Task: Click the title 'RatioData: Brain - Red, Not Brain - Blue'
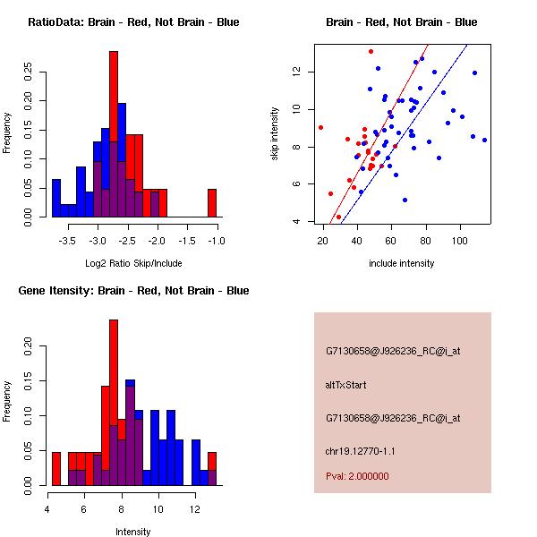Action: pos(133,21)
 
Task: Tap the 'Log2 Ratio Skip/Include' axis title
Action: pos(133,265)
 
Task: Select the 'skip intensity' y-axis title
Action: pos(276,134)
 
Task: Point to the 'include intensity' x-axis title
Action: pos(402,264)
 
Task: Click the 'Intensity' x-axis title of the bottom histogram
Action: pos(133,532)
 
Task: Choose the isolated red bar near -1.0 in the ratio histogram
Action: pos(212,203)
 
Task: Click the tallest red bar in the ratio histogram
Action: pos(114,134)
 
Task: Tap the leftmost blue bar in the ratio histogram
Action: pos(56,198)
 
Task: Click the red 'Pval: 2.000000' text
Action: pos(357,476)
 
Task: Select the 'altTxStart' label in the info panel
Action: pos(346,385)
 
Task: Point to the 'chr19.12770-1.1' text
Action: pos(359,450)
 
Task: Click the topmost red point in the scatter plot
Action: pos(371,52)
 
